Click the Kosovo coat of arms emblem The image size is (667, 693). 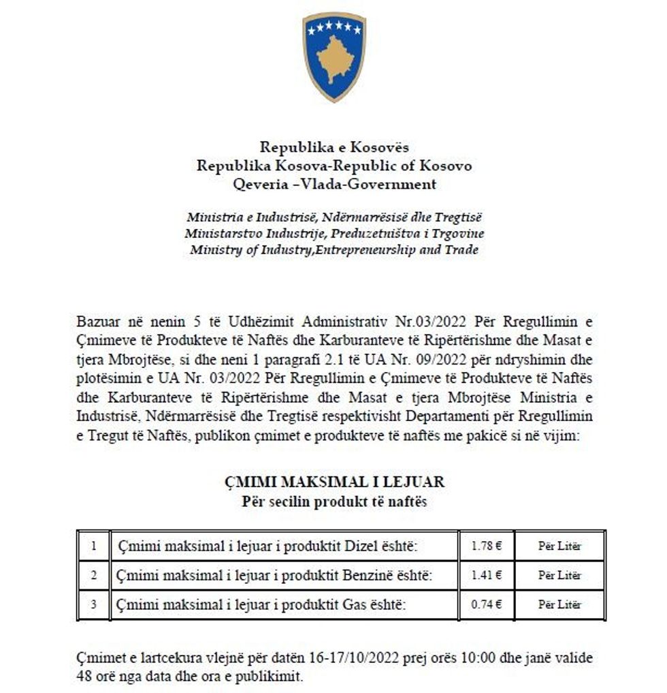pos(333,57)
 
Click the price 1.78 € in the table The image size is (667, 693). pos(486,546)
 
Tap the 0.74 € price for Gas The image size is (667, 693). pos(486,604)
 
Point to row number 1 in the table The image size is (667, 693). pos(93,546)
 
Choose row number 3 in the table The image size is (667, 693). pos(93,604)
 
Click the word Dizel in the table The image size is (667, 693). pos(360,546)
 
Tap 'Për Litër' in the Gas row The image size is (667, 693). pos(560,604)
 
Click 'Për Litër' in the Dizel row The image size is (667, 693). pos(560,546)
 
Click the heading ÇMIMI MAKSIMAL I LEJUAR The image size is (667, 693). pos(333,482)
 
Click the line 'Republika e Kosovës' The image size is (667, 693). pos(333,147)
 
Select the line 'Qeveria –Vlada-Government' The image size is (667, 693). pos(333,184)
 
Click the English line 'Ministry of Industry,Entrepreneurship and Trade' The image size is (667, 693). pos(333,249)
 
